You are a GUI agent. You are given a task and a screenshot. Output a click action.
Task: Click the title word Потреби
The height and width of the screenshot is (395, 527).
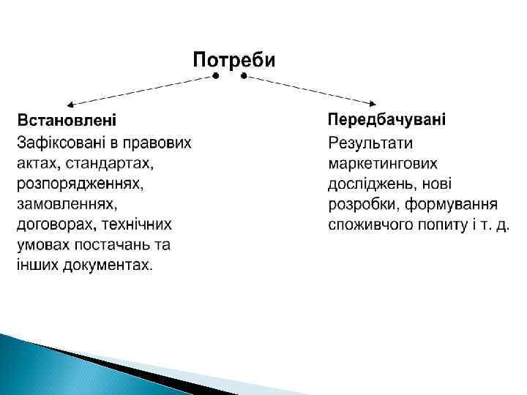pos(233,59)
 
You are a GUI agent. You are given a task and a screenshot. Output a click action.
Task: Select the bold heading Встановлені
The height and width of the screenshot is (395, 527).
pos(67,119)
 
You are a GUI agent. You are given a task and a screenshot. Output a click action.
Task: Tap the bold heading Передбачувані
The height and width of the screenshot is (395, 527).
pos(387,118)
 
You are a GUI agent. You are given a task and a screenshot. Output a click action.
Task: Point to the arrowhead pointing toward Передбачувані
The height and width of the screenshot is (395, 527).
pos(378,102)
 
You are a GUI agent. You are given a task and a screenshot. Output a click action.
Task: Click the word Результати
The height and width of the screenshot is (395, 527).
pos(371,142)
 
